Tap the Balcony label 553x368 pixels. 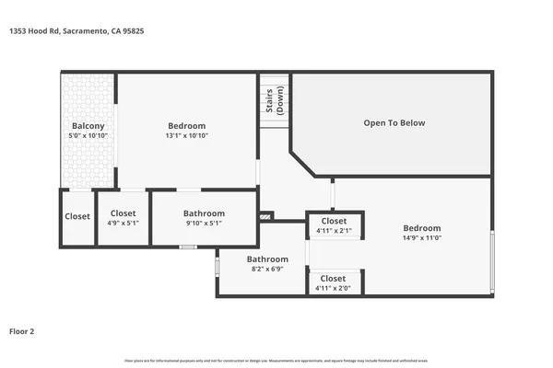(88, 126)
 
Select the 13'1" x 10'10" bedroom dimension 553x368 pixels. (186, 136)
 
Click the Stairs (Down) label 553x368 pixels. (275, 99)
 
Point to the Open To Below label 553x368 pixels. (394, 122)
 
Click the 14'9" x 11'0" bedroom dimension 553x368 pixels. (422, 238)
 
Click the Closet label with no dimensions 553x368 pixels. (77, 217)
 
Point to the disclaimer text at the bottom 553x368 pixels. (276, 359)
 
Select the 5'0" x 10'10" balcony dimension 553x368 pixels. (88, 136)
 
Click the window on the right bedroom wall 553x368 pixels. (492, 261)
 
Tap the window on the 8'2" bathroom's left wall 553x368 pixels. (218, 267)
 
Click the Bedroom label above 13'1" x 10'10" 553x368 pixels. (186, 126)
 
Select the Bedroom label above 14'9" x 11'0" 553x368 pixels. (422, 228)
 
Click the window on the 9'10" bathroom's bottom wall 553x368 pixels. (188, 247)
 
